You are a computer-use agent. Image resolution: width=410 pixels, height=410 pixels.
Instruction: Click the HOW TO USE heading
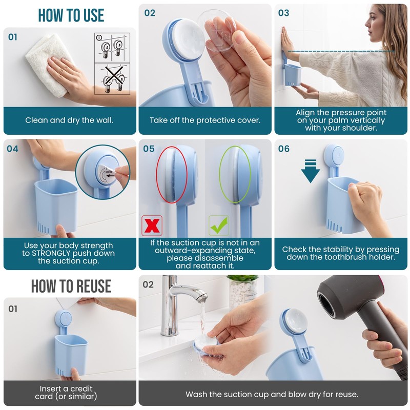(x=71, y=15)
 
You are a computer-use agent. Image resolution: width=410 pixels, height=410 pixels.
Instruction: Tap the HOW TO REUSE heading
(x=71, y=286)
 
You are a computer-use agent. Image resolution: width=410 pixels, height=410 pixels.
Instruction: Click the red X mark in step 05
(x=152, y=225)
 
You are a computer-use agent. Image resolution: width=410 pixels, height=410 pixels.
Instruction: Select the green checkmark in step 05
(x=219, y=225)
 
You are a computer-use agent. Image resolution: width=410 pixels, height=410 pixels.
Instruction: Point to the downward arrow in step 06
(x=311, y=171)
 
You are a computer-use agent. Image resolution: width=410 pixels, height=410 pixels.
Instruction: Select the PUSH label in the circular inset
(x=109, y=172)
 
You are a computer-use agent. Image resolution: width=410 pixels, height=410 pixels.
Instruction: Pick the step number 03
(x=284, y=13)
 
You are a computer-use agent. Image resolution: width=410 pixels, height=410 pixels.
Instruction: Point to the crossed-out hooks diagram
(x=112, y=79)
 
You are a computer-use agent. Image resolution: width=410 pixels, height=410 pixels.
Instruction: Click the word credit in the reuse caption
(x=81, y=388)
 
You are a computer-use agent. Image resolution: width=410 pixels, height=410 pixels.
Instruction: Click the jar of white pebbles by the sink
(x=242, y=292)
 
